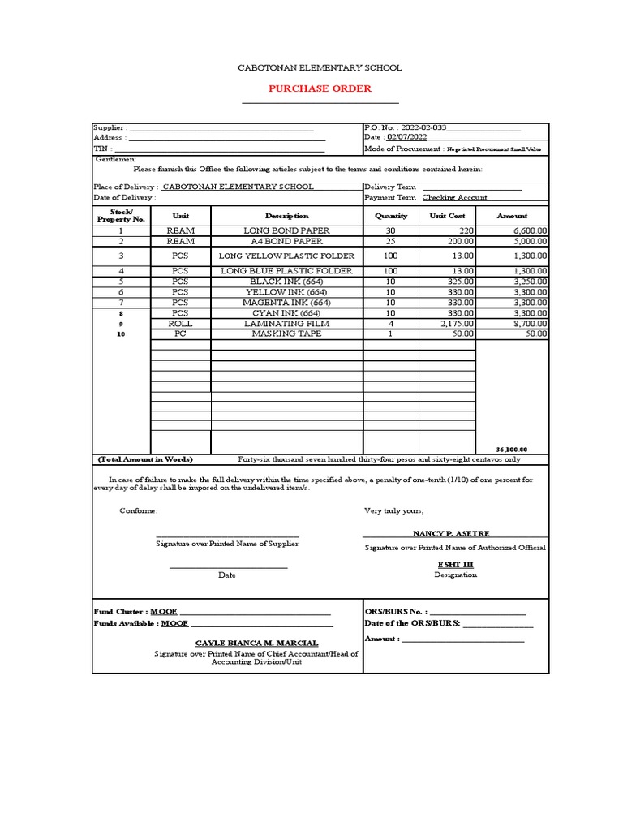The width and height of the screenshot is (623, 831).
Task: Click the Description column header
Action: coord(287,216)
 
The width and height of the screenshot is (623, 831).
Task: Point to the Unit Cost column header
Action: coord(446,216)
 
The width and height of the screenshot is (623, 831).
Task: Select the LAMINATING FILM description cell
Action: coord(287,323)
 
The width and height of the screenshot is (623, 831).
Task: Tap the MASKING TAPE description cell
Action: coord(287,334)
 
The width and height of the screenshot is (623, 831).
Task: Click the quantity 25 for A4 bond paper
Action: coord(391,241)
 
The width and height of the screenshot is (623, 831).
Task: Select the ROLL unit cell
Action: coord(180,323)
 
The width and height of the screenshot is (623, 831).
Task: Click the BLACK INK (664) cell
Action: coord(287,281)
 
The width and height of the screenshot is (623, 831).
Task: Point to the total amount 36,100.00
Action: coord(511,449)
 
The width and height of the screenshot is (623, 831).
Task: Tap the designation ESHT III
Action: coord(455,564)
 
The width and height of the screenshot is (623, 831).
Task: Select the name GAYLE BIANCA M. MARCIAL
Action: coord(256,643)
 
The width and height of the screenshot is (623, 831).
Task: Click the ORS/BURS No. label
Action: coord(393,611)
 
